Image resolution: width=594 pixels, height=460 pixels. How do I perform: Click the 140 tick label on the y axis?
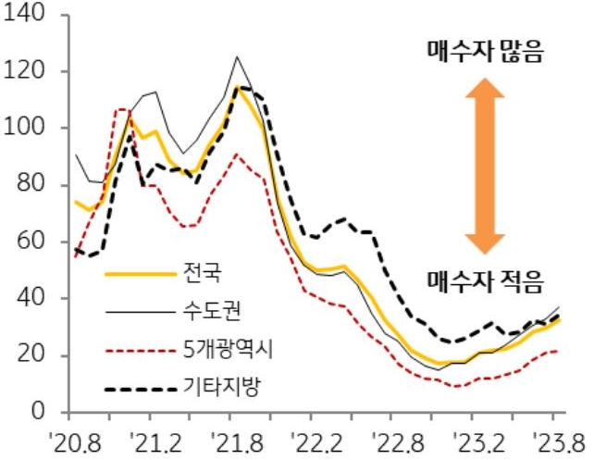click(29, 15)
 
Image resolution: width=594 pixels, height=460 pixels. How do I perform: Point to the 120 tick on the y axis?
click(29, 71)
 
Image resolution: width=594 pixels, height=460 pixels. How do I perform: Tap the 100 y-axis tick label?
click(29, 129)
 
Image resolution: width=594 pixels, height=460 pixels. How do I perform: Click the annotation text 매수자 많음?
click(484, 52)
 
